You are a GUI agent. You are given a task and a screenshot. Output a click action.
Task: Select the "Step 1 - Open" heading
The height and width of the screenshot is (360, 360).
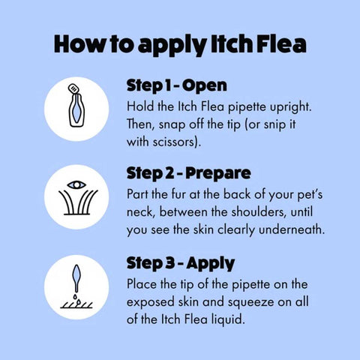[176, 85]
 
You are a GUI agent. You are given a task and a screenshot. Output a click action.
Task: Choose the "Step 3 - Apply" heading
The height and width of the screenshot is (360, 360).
[181, 263]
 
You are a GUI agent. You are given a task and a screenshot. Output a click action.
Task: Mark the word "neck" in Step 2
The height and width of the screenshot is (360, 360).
[144, 211]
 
